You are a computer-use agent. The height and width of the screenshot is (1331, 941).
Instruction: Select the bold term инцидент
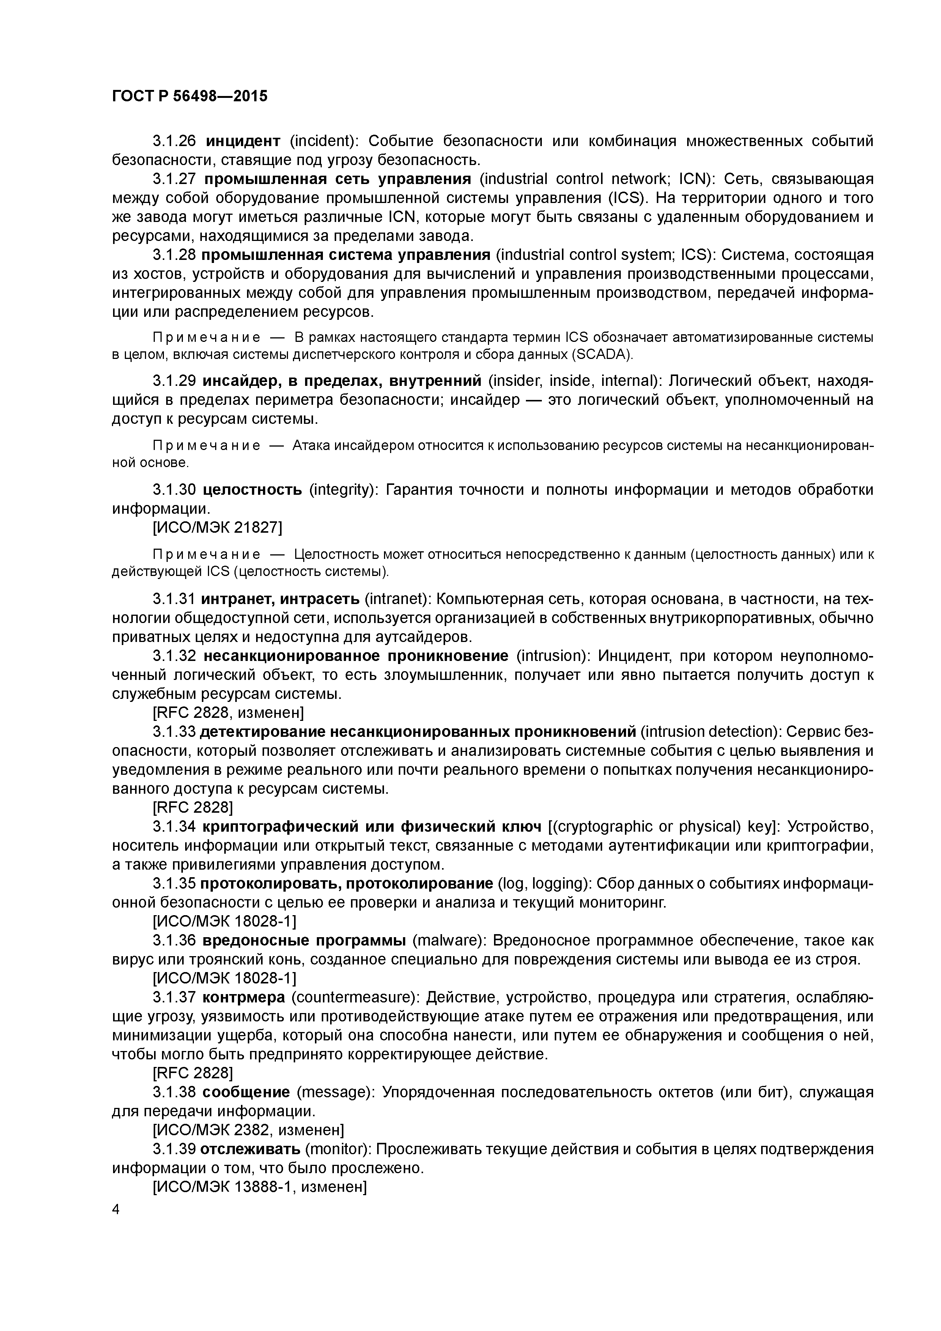click(244, 141)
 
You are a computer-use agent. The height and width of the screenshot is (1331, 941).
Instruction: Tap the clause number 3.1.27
click(175, 179)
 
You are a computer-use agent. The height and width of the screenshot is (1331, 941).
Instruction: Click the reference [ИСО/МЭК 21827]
click(217, 527)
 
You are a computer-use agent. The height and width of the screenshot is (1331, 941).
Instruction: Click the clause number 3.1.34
click(175, 826)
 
